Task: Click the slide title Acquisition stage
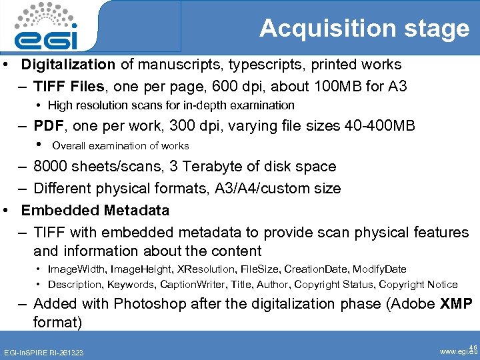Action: pyautogui.click(x=364, y=29)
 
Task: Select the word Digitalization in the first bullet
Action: pyautogui.click(x=68, y=65)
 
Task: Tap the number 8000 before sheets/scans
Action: pyautogui.click(x=50, y=167)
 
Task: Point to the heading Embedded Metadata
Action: pyautogui.click(x=95, y=211)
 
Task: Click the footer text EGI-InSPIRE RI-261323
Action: pyautogui.click(x=44, y=351)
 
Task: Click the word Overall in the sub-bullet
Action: pyautogui.click(x=69, y=146)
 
